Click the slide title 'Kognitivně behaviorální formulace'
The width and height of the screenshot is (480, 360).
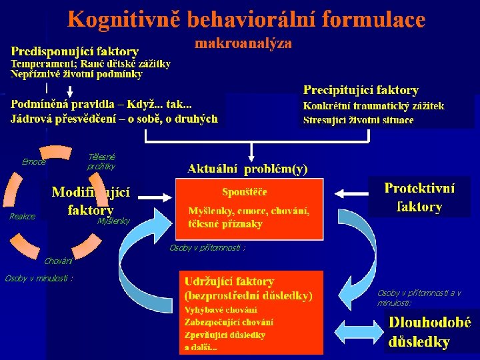pos(246,20)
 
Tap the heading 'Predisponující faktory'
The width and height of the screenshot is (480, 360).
pos(75,51)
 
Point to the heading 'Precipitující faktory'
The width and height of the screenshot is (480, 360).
pos(361,90)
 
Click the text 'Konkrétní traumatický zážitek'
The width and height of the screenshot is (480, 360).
pos(373,106)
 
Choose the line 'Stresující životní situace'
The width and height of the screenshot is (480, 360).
pos(358,121)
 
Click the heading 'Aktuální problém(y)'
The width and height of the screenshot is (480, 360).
pos(247,169)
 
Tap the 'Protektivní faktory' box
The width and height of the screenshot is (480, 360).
pos(420,197)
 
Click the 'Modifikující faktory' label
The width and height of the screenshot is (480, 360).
pos(91,201)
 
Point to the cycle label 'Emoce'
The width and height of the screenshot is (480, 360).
pos(33,162)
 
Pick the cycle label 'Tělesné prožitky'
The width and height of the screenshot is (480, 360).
pos(101,161)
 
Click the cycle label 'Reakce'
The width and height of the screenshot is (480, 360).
pos(22,217)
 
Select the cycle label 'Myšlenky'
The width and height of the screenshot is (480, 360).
pos(113,221)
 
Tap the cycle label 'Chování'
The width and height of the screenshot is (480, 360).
pos(58,261)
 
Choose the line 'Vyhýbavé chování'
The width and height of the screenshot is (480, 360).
pos(222,310)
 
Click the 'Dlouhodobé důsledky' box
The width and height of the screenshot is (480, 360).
pos(429,332)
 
